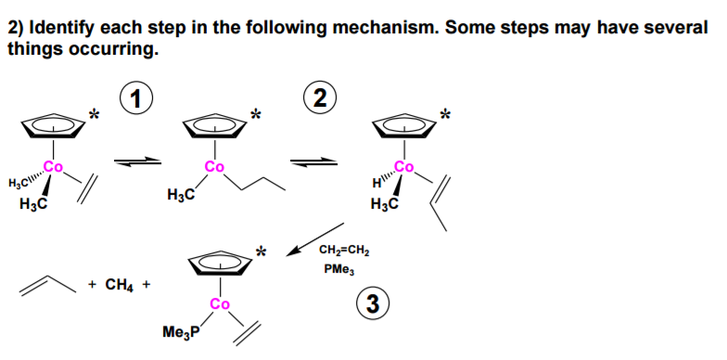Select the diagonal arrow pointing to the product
315,238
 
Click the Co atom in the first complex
55,168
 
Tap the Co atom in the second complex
215,168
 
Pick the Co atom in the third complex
404,168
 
